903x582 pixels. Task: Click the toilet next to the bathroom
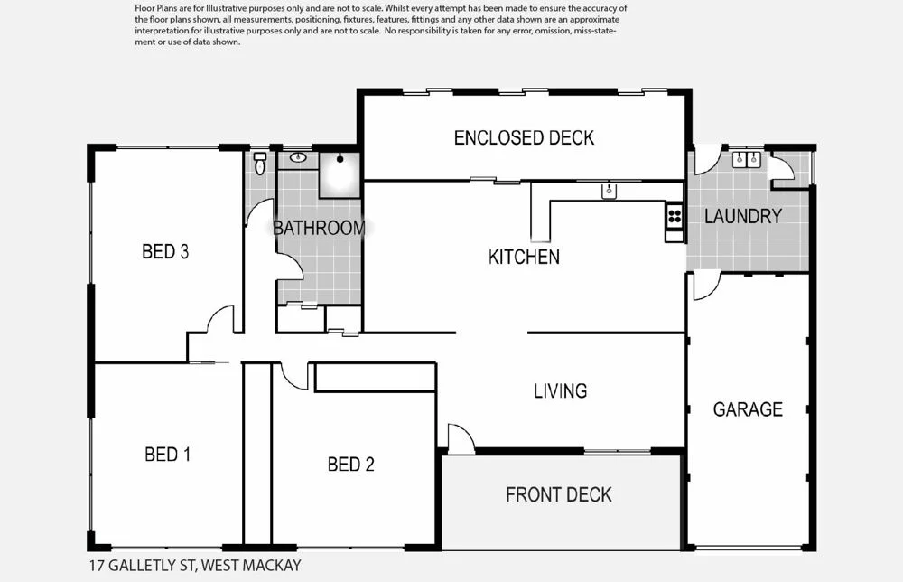260,163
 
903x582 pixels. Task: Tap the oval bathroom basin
298,159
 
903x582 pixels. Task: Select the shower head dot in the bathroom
340,159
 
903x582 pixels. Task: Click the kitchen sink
610,191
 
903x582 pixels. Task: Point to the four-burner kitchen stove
674,215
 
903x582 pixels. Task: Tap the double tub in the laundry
746,160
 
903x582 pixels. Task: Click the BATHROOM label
319,228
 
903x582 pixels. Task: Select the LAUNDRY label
742,217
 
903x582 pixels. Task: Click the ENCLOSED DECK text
524,138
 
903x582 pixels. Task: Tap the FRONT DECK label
558,494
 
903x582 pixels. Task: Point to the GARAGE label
748,409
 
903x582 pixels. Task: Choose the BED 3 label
165,252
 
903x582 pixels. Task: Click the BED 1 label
168,455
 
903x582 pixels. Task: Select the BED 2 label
350,465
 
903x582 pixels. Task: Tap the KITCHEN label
524,258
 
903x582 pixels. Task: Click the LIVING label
560,391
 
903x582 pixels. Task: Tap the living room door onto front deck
461,439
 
